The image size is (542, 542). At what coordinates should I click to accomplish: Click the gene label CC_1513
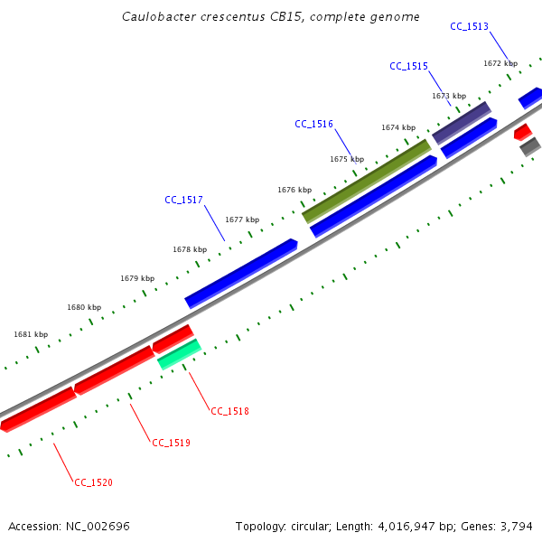[x=469, y=26]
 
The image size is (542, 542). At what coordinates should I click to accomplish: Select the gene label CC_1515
[x=408, y=66]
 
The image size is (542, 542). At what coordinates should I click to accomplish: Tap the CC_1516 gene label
[x=313, y=124]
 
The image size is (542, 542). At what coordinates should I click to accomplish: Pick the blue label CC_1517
[x=183, y=200]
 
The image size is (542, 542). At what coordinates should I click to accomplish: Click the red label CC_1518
[x=229, y=411]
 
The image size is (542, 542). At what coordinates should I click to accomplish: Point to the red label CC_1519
[x=171, y=443]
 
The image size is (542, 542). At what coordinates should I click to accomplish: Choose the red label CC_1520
[x=93, y=482]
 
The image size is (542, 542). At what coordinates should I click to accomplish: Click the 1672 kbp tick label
[x=500, y=63]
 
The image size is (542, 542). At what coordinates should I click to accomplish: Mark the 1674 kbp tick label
[x=398, y=127]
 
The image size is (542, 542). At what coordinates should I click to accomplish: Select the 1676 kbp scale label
[x=294, y=190]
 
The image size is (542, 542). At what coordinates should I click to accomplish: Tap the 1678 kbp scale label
[x=190, y=249]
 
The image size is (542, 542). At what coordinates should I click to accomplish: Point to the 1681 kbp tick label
[x=31, y=334]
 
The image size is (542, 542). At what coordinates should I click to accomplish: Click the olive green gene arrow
[x=367, y=181]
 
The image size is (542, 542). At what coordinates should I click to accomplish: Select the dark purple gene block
[x=462, y=123]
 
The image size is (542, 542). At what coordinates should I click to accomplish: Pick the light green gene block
[x=179, y=354]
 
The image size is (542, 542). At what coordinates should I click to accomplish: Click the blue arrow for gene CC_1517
[x=241, y=273]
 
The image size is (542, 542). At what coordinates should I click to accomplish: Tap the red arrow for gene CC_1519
[x=114, y=370]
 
